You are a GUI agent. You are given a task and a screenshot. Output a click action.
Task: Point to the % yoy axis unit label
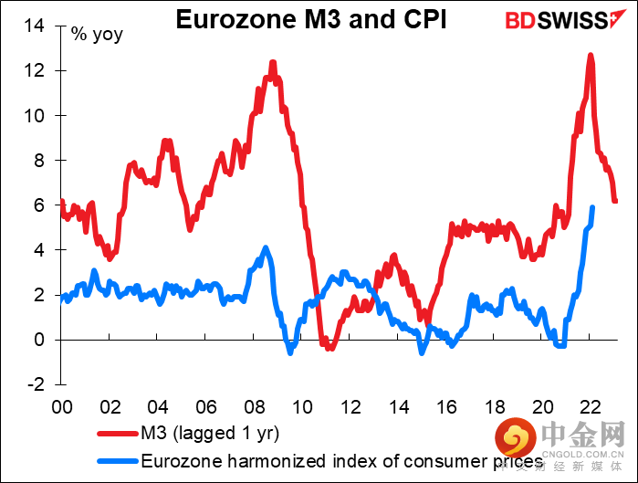(96, 36)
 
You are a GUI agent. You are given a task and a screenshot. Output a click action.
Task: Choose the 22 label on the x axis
(589, 404)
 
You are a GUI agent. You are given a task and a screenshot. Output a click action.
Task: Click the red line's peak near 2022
(591, 56)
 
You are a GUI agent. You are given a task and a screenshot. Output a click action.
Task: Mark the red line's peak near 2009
(273, 63)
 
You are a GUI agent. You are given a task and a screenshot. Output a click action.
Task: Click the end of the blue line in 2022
(593, 207)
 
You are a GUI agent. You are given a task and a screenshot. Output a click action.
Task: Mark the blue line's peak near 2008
(266, 248)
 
